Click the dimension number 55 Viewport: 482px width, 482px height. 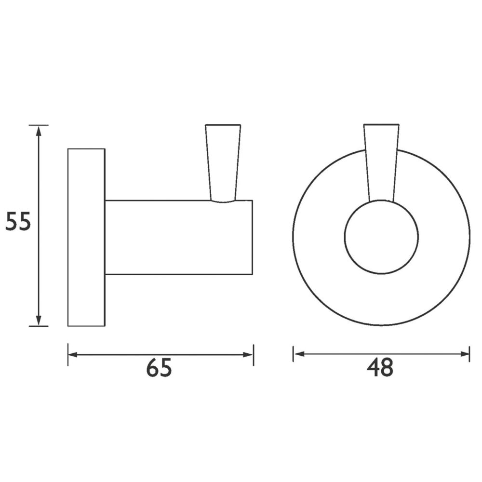18,221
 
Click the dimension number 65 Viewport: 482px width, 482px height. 159,368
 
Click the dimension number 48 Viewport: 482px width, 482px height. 380,368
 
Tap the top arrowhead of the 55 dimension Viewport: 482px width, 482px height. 39,131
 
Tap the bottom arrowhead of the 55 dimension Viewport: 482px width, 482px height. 39,320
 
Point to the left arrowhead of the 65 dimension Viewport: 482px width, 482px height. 73,355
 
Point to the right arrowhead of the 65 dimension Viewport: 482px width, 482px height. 247,355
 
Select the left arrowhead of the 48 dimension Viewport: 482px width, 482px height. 299,354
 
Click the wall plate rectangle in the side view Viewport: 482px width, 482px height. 86,237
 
